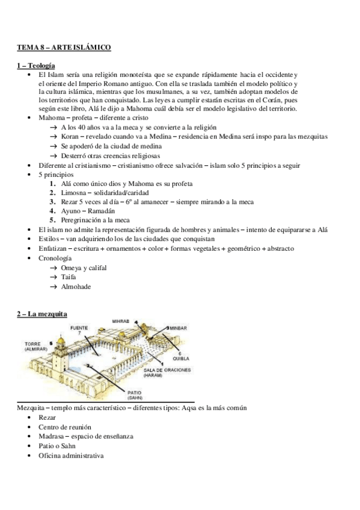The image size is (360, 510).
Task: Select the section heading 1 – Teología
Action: pos(36,65)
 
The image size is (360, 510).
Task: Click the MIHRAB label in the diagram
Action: pos(121,322)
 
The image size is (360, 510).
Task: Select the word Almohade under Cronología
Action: pos(76,287)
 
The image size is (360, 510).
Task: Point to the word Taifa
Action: pos(70,277)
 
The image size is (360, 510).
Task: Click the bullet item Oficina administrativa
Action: pos(70,455)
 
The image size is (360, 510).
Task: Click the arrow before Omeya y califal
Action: pos(53,268)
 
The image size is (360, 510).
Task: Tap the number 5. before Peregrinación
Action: pos(53,221)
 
